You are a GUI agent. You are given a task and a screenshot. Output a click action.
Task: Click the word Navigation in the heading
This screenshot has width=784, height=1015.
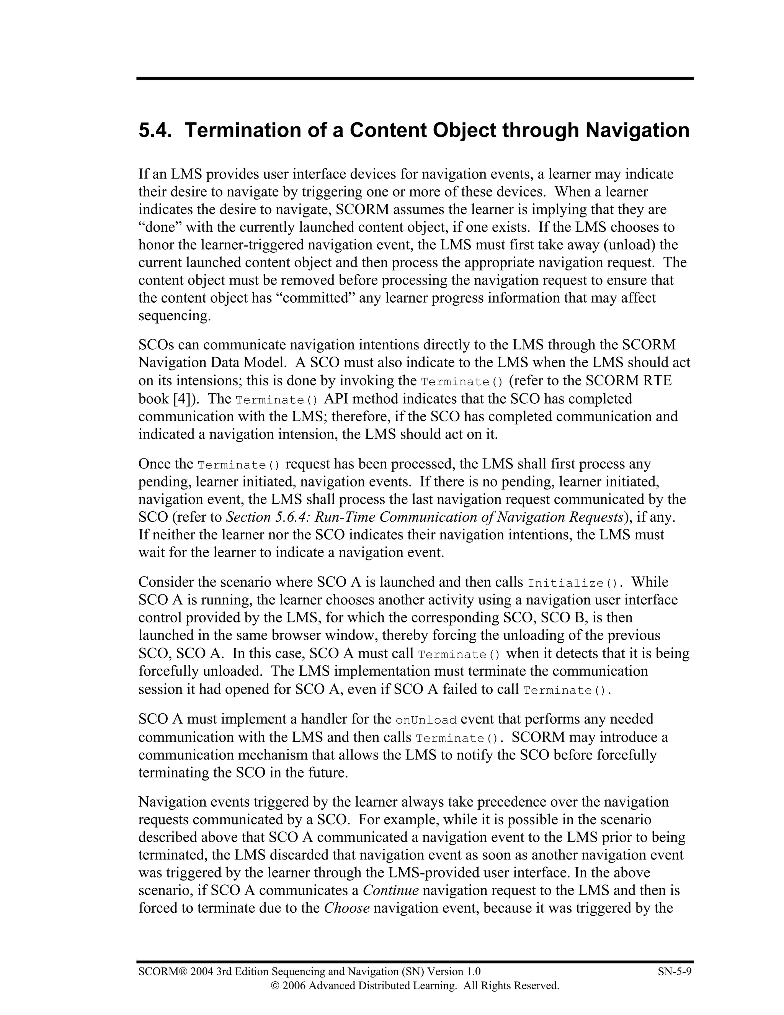click(x=637, y=131)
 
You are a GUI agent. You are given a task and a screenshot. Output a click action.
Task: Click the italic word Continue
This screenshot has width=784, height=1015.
click(x=390, y=891)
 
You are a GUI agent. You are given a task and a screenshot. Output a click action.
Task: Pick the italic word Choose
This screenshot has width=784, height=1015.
click(x=346, y=908)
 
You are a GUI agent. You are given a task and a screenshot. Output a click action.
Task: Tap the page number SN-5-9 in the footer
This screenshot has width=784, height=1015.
click(x=675, y=972)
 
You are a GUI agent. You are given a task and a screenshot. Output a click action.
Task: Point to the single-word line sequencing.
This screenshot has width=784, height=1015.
click(x=175, y=316)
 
